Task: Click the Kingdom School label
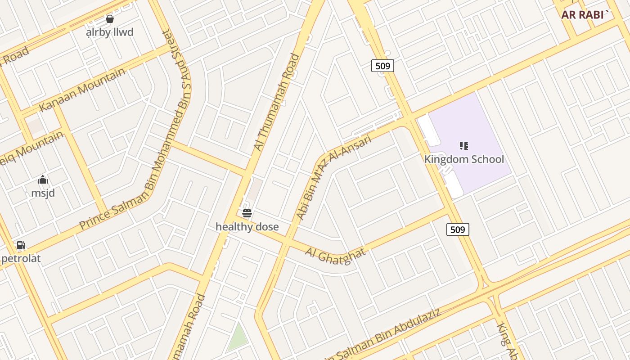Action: [464, 159]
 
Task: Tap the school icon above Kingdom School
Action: [464, 145]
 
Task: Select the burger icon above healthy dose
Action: [247, 213]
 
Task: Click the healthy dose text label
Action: [247, 227]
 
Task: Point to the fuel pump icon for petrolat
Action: [21, 245]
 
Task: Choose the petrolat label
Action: [21, 259]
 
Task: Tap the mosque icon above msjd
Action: [43, 180]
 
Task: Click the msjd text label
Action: [43, 193]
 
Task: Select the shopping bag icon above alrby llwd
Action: [109, 19]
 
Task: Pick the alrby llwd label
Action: [110, 32]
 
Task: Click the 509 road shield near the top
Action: [382, 66]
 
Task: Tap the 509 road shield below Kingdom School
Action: [458, 229]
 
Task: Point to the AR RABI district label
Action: [585, 14]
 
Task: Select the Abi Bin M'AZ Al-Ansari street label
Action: [334, 178]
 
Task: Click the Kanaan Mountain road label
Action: [82, 90]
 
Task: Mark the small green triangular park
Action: [237, 338]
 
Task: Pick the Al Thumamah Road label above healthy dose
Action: [276, 103]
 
